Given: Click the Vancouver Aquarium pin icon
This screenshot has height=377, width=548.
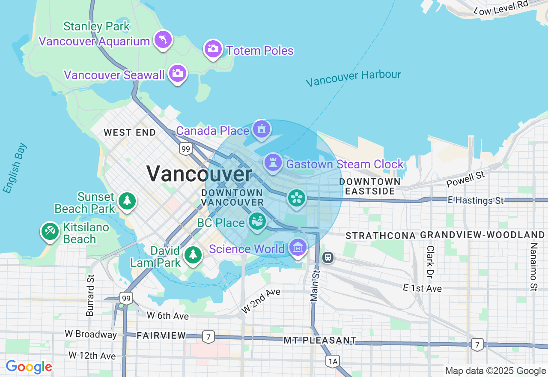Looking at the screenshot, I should click(x=163, y=40).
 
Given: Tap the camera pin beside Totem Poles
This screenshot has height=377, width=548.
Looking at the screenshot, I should click(x=213, y=49).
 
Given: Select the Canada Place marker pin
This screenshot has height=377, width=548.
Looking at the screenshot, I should click(x=261, y=129).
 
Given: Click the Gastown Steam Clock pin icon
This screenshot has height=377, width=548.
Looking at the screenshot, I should click(x=273, y=163).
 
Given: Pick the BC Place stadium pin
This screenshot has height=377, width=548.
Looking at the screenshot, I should click(x=257, y=222).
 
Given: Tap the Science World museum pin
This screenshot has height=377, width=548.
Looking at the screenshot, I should click(x=298, y=247).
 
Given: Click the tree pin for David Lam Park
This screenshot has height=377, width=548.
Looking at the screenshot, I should click(x=193, y=254).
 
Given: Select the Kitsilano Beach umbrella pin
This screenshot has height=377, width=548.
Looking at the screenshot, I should click(x=50, y=232).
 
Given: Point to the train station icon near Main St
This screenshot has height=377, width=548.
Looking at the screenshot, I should click(x=328, y=257).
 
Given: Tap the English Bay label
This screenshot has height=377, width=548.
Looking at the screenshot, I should click(x=15, y=168).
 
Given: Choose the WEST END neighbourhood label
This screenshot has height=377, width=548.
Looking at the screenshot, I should click(x=130, y=133).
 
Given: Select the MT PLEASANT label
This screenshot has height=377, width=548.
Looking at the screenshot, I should click(x=320, y=340).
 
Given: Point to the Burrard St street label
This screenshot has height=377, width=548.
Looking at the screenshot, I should click(x=90, y=295).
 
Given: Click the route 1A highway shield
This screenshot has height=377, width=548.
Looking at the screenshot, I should click(x=333, y=362).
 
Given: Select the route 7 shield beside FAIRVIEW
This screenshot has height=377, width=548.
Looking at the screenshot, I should click(x=208, y=337).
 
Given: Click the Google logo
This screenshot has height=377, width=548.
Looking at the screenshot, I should click(x=29, y=367).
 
